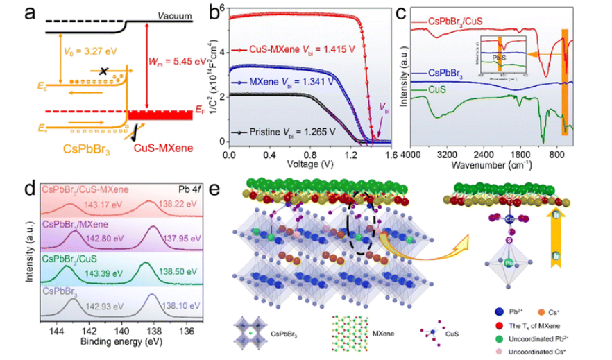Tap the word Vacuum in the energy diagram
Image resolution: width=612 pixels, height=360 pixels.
pos(173,15)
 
